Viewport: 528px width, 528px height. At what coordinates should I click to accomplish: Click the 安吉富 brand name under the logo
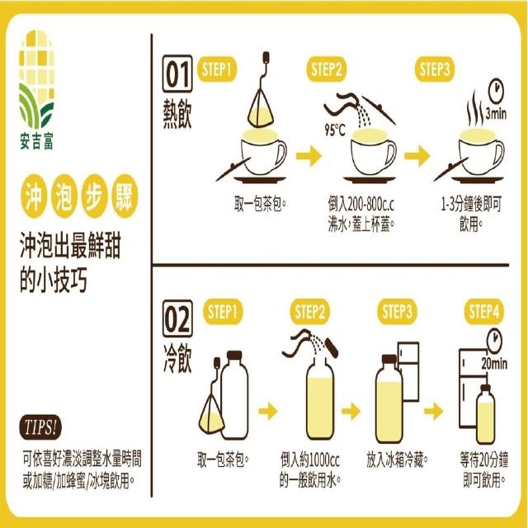[x=36, y=141]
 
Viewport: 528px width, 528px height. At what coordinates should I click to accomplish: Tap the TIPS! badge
[x=40, y=427]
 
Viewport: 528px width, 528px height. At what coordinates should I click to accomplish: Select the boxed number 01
[x=177, y=73]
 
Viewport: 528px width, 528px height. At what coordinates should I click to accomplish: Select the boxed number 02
[x=177, y=318]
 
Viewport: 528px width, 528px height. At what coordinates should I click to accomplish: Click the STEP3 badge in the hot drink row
[x=435, y=69]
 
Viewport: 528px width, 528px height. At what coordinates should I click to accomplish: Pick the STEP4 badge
[x=484, y=311]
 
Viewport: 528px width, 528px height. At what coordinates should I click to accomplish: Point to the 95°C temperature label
[x=335, y=130]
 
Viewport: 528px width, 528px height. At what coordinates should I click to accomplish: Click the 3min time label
[x=496, y=114]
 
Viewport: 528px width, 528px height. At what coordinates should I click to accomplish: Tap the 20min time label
[x=494, y=364]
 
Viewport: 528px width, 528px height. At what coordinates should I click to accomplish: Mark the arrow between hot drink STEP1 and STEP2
[x=309, y=156]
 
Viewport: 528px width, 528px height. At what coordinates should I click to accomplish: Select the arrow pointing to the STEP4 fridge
[x=433, y=411]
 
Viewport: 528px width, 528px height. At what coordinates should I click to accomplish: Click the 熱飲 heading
[x=177, y=114]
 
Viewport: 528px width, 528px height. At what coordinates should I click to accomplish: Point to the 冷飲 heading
[x=177, y=358]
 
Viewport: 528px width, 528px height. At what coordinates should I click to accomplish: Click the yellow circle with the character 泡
[x=64, y=196]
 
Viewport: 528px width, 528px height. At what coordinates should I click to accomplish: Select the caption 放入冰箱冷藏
[x=398, y=460]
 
